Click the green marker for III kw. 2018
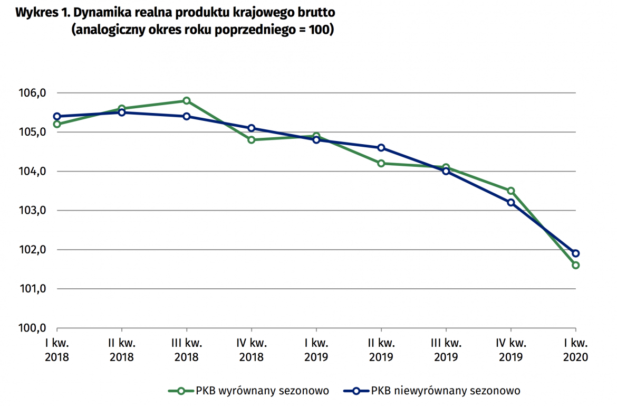coord(187,100)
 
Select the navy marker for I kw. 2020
coord(575,253)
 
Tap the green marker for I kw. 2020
coord(575,265)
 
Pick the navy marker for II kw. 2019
coord(381,148)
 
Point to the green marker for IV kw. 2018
coord(252,140)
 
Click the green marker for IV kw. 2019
coord(510,191)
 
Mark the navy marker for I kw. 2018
coord(57,116)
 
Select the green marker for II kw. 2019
coord(381,163)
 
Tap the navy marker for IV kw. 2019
coord(510,202)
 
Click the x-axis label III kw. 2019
coord(446,350)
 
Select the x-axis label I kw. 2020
coord(575,350)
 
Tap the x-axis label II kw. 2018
coord(122,350)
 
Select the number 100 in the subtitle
coord(318,30)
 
